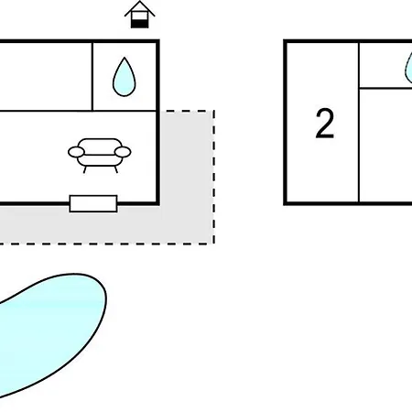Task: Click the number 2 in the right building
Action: [x=325, y=124]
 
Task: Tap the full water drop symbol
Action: [x=124, y=77]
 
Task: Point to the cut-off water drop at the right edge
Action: [x=408, y=68]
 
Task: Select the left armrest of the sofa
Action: [x=76, y=152]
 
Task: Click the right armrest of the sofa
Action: [x=123, y=152]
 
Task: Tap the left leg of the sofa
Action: [x=84, y=169]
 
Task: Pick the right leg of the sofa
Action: [x=116, y=169]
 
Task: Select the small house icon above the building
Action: [x=140, y=15]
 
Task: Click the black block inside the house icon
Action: [x=140, y=24]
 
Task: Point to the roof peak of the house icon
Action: [x=140, y=1]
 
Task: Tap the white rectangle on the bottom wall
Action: [x=93, y=203]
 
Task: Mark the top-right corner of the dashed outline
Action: [x=214, y=111]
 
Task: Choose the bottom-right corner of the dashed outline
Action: [x=214, y=244]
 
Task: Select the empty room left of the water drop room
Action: [x=45, y=77]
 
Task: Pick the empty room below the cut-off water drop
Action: [x=386, y=145]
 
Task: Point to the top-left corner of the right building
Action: [x=285, y=41]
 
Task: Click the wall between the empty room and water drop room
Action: [x=92, y=77]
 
